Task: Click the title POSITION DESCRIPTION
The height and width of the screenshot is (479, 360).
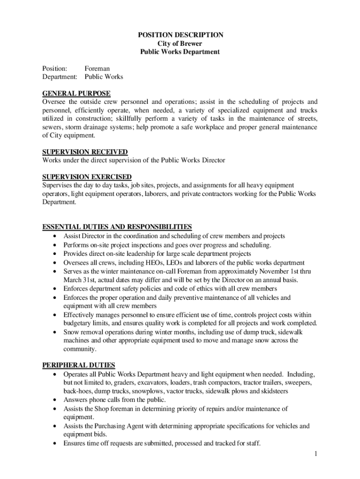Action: [x=180, y=35]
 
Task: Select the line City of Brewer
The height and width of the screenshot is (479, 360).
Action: [x=180, y=44]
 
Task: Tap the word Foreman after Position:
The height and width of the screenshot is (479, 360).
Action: [x=97, y=68]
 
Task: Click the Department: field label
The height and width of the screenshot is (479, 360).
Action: [x=60, y=77]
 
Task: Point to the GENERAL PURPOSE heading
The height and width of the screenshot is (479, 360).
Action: [x=76, y=94]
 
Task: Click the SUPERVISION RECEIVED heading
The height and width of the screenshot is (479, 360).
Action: [x=85, y=152]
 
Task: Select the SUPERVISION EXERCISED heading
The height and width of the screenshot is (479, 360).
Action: [x=87, y=177]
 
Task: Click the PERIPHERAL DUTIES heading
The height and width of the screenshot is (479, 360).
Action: [x=79, y=365]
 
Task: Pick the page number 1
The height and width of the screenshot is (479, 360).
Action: [x=316, y=453]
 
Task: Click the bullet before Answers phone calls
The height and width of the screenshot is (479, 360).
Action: [x=56, y=400]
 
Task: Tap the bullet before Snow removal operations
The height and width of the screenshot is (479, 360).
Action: [x=56, y=332]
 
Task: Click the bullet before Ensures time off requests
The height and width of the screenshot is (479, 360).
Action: [x=56, y=443]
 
